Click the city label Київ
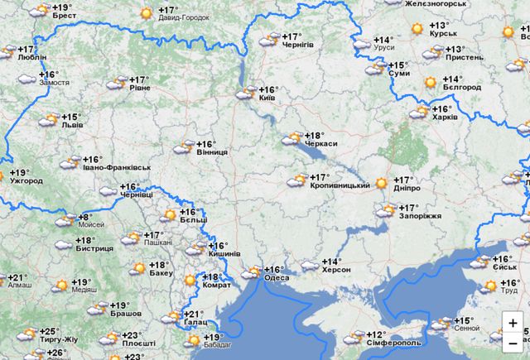267,98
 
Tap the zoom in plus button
513,323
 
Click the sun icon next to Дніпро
381,183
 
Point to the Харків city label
444,118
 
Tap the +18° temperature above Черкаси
314,135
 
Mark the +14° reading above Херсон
331,262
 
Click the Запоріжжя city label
420,216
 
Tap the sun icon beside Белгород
430,82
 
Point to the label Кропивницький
340,186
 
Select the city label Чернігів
298,45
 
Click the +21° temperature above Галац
193,314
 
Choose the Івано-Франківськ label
116,168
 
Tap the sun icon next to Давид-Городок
147,12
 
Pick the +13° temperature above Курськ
439,26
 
